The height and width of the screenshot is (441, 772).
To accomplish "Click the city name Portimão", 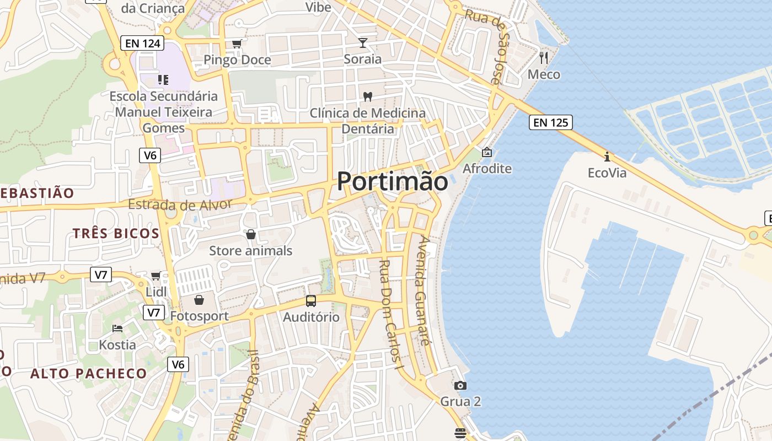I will pos(392,181).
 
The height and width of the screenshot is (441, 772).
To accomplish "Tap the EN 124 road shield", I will pos(142,42).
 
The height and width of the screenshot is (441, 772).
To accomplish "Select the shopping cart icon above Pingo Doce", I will pos(237,44).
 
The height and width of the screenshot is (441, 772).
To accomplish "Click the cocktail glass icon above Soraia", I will pos(363,42).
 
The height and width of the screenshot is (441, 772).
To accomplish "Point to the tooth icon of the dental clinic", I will pos(367,96).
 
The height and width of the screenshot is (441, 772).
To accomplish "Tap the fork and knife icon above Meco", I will pos(544,57).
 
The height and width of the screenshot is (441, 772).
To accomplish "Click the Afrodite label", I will pos(487,169).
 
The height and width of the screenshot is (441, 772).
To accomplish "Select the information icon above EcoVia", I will pos(607,157).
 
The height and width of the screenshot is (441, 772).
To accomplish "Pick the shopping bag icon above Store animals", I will pos(251,234).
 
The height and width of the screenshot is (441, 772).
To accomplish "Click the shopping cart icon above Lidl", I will pos(156,275).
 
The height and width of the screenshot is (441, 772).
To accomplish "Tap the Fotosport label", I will pos(199,316).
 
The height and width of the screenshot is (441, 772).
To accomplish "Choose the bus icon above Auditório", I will pos(311,301).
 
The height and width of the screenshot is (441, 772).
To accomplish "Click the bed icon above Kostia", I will pos(117,329).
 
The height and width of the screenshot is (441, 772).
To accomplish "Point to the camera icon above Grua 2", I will pos(460,385).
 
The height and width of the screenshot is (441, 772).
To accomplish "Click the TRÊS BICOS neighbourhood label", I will pos(116,233).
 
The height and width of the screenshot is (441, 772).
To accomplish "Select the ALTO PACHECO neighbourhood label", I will pos(88,373).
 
